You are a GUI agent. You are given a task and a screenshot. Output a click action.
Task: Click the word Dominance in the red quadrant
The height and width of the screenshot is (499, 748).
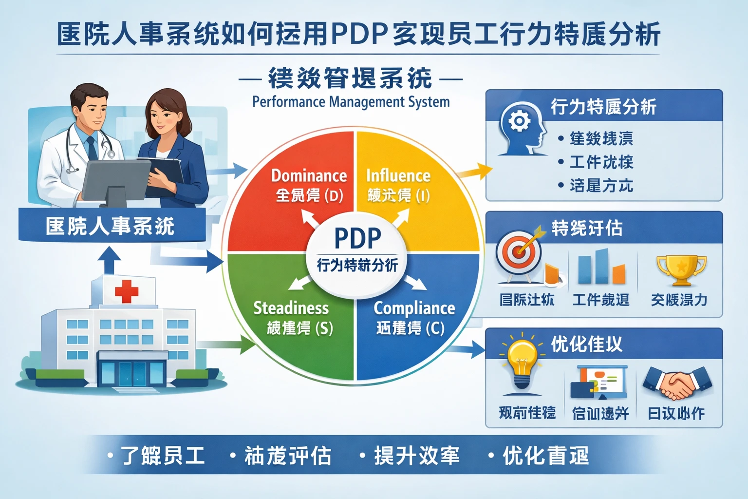click(309, 175)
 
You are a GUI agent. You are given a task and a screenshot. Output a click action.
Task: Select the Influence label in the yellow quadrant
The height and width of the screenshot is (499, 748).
click(398, 175)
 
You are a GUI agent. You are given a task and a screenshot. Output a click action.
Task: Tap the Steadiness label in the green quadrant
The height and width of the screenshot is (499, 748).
click(291, 308)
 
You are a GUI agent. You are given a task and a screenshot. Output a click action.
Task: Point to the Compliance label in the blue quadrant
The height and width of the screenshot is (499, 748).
click(414, 308)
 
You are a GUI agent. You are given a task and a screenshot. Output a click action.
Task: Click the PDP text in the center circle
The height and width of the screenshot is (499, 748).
click(357, 238)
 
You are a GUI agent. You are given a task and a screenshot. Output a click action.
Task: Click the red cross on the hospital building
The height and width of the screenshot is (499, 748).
click(127, 291)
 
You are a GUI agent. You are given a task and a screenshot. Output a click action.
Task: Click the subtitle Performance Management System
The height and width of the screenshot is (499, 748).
click(351, 102)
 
